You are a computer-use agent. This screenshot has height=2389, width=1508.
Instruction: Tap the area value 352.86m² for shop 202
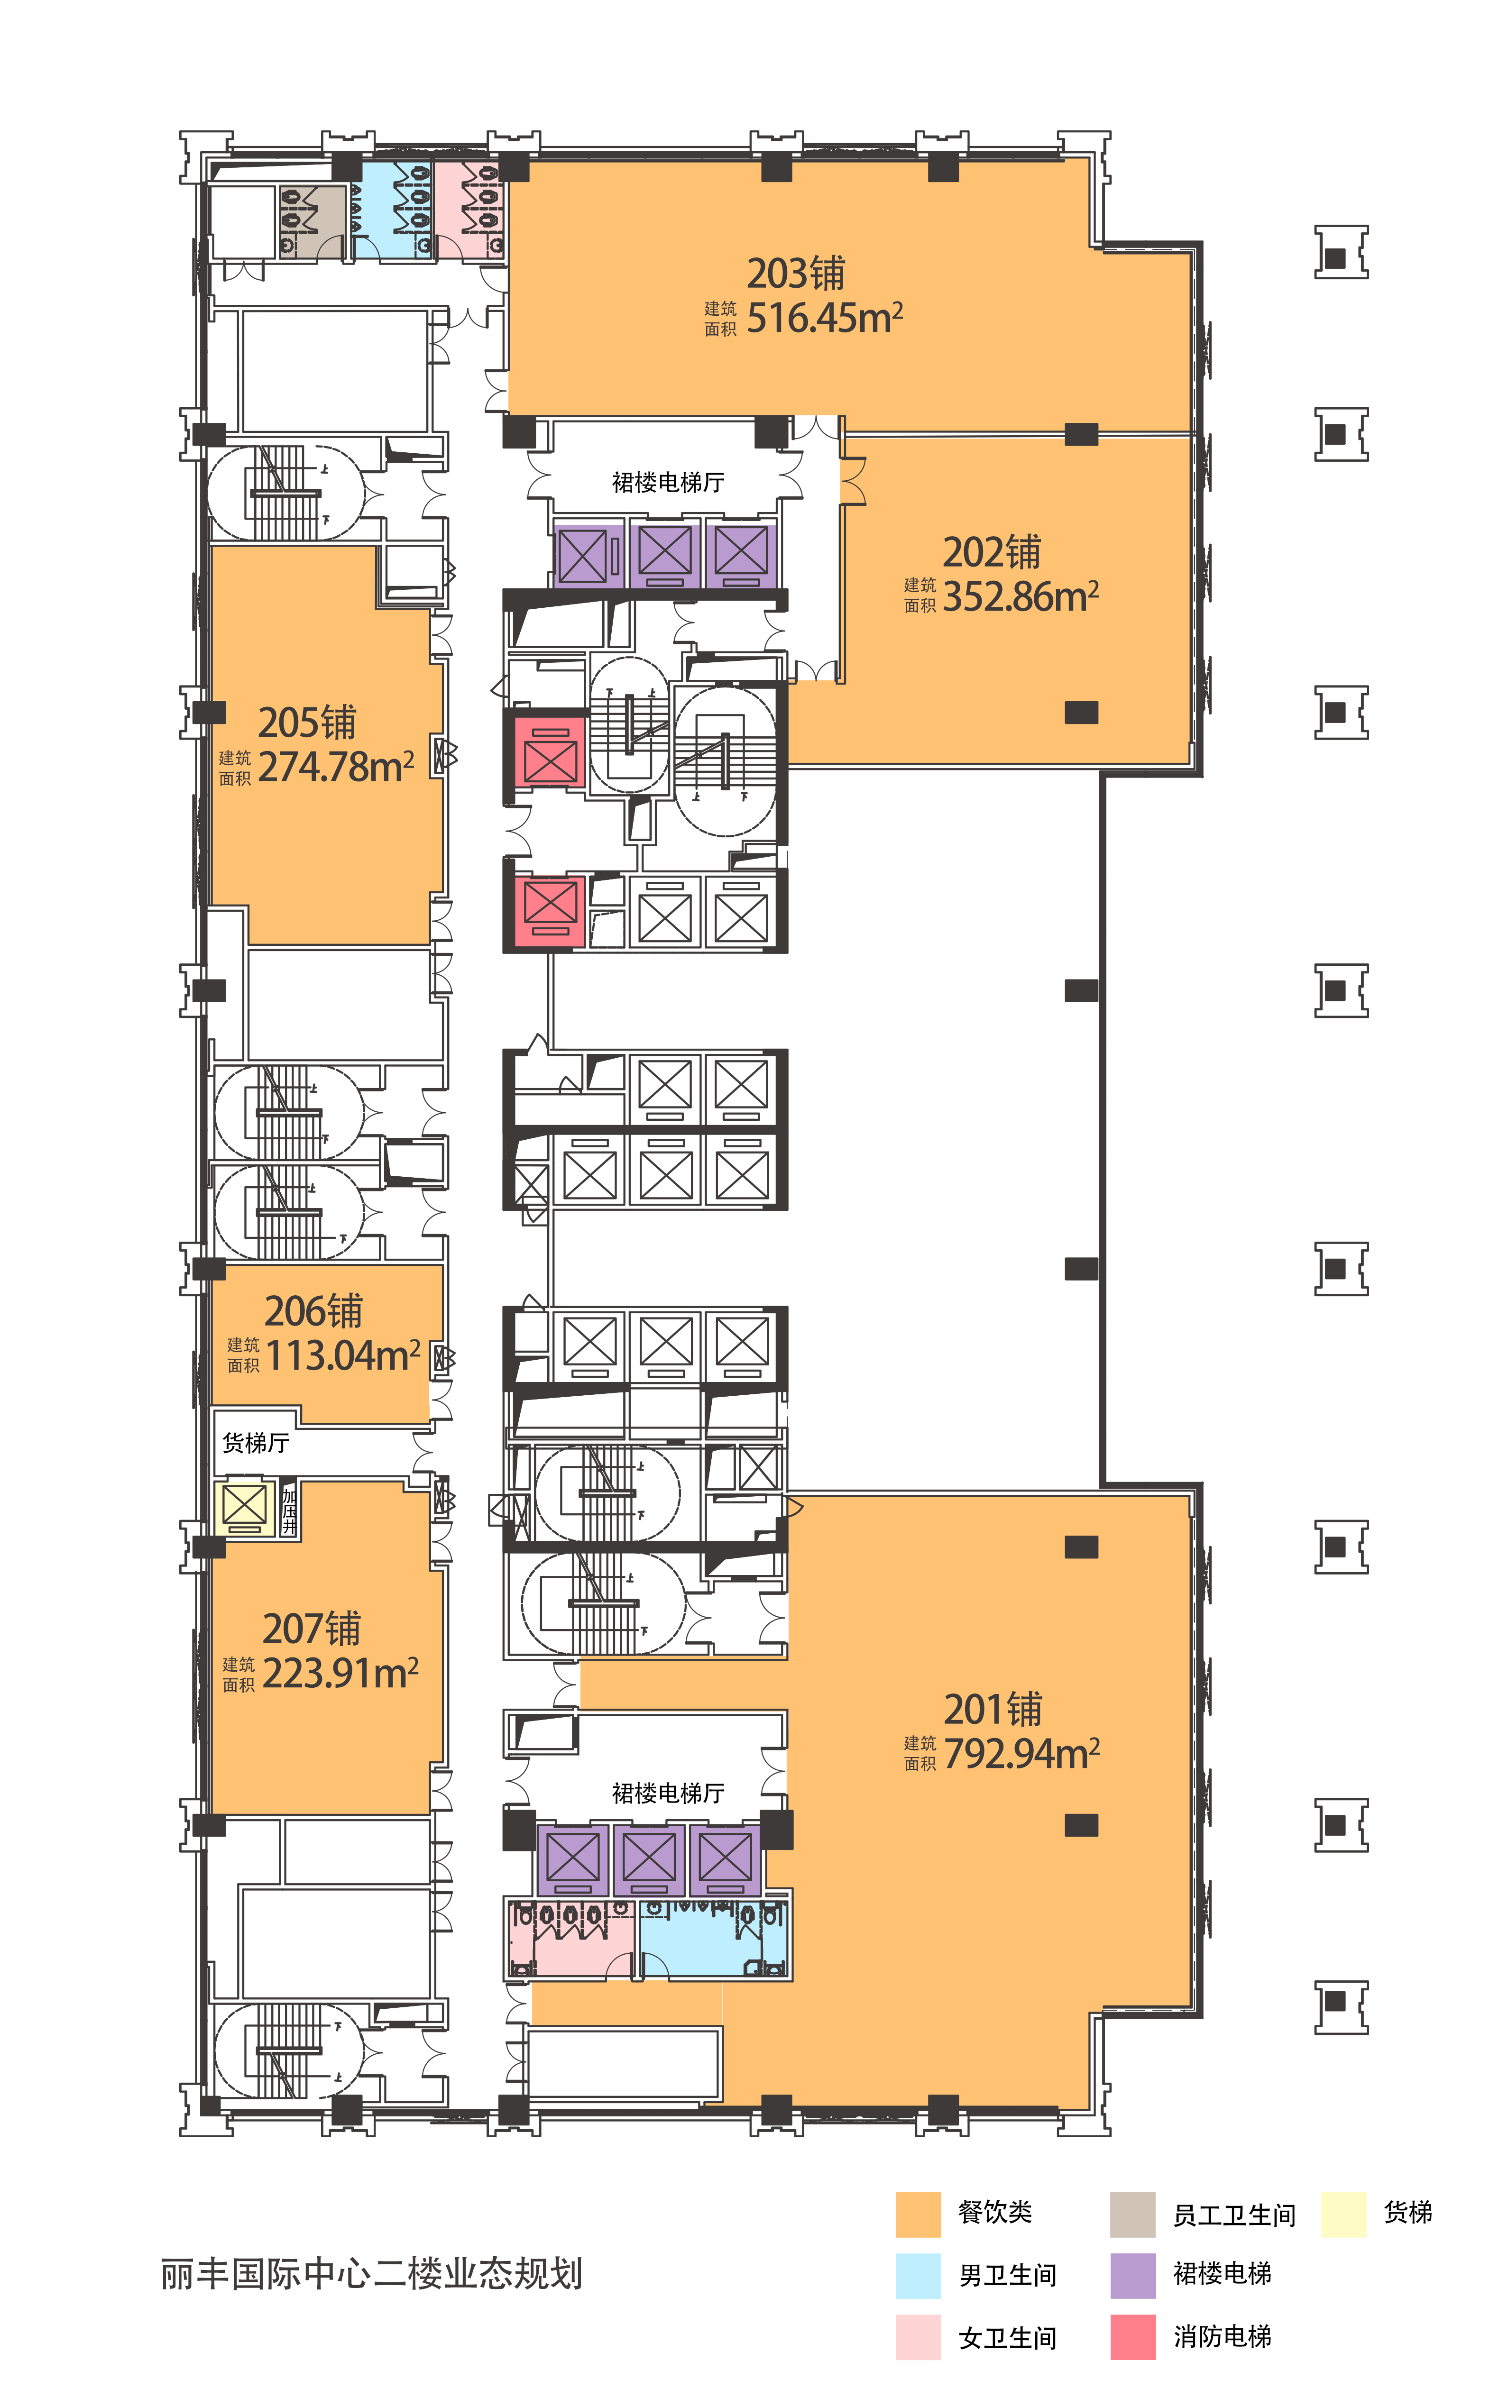[x=1021, y=596]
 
